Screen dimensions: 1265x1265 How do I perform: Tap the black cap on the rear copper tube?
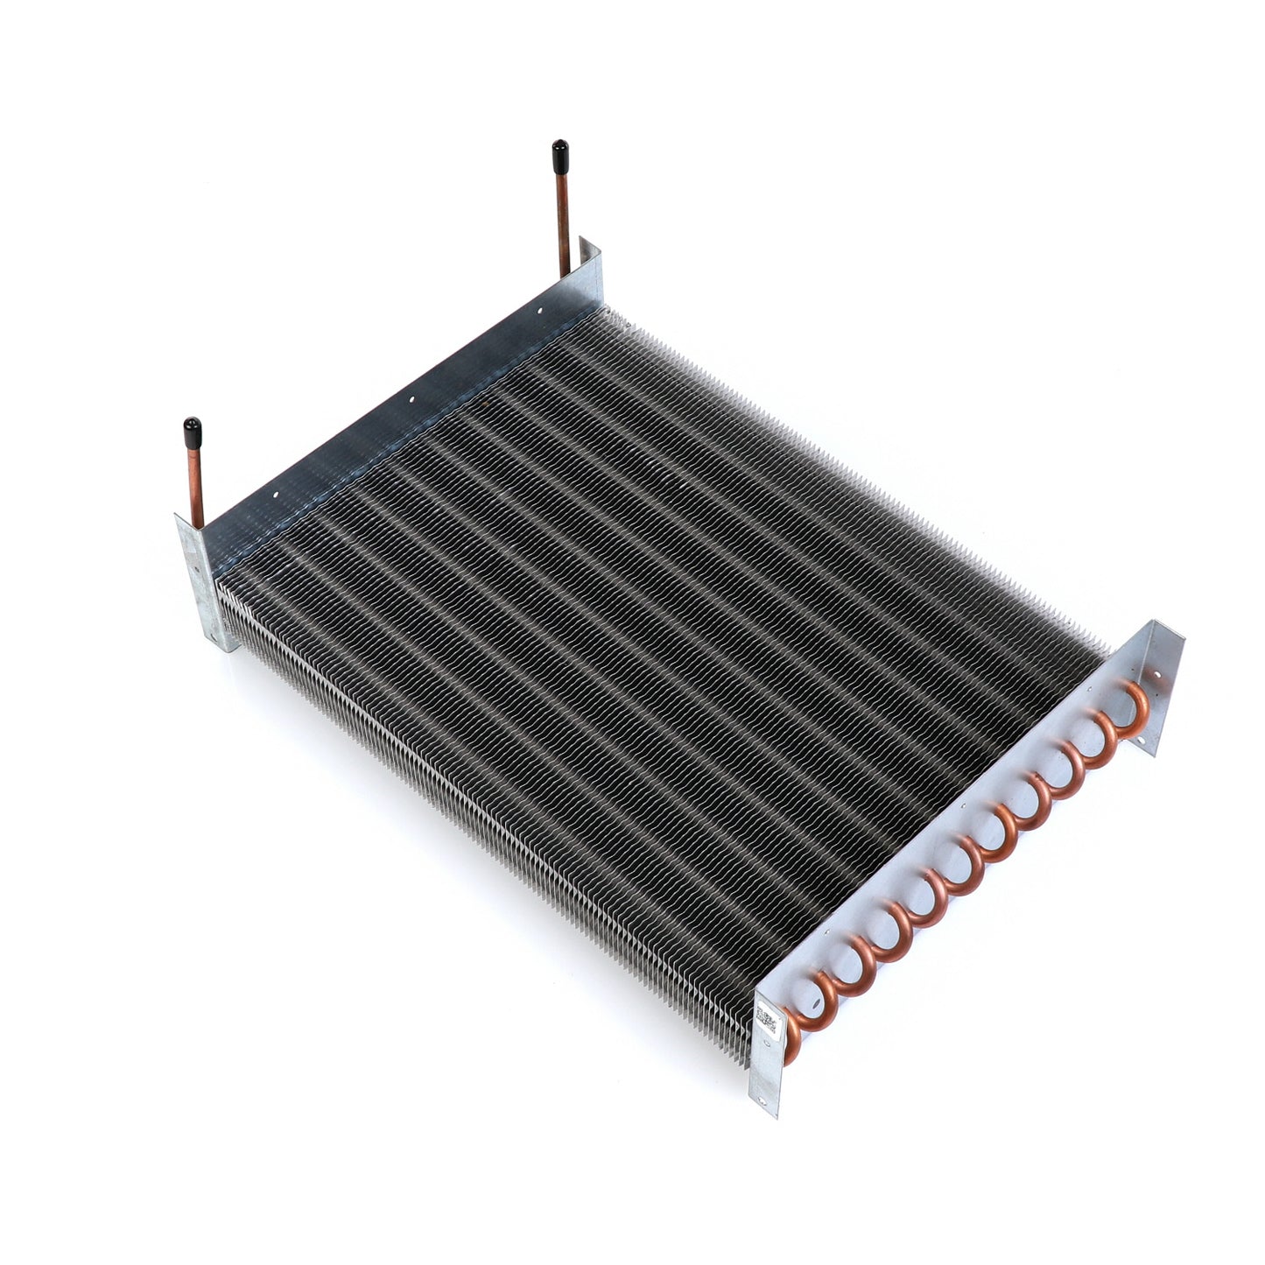pyautogui.click(x=559, y=155)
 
